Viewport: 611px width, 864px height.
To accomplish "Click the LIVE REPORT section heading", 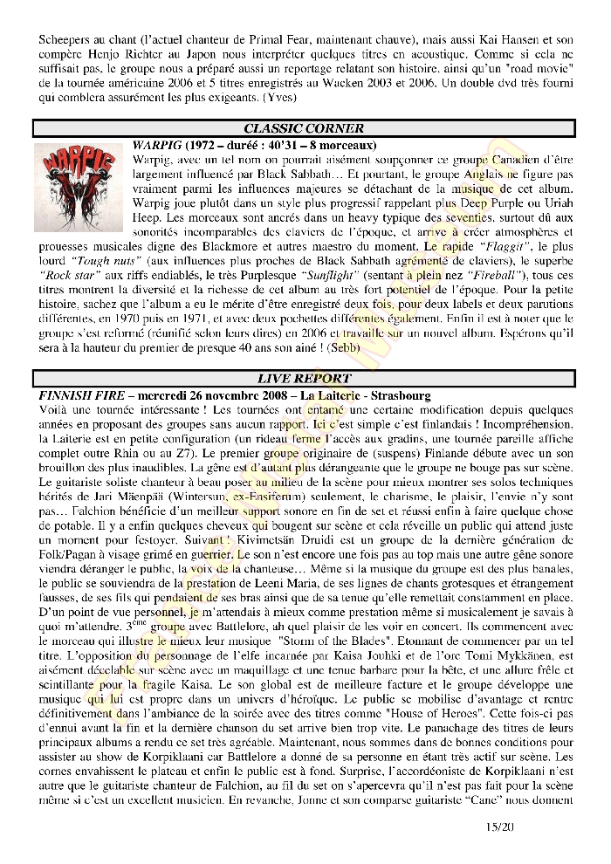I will [x=304, y=379].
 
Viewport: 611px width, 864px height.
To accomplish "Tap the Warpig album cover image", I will [x=81, y=188].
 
